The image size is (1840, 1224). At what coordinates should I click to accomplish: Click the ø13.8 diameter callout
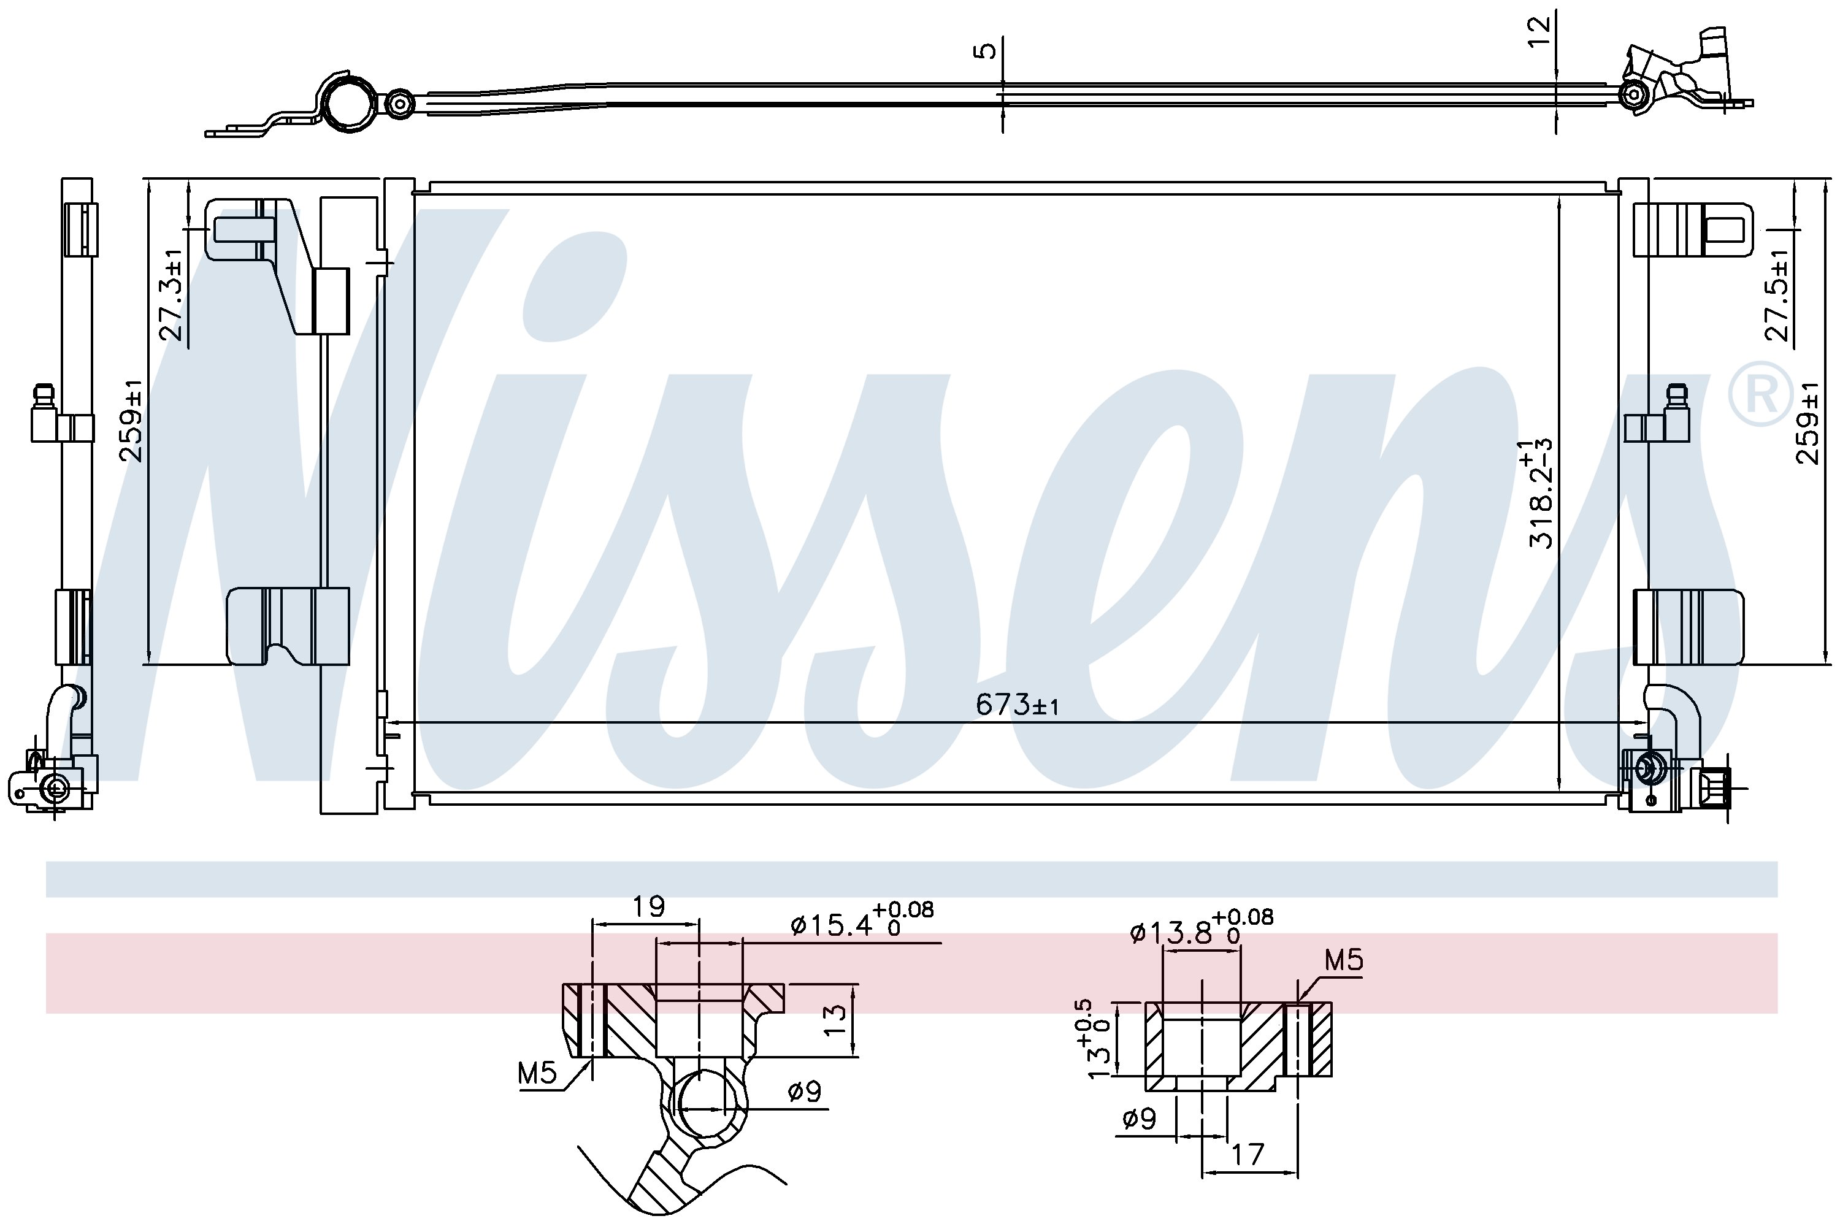[x=1202, y=926]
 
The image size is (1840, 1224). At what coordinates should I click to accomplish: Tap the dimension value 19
[x=648, y=906]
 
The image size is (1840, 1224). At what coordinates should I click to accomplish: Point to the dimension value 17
[x=1247, y=1155]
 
